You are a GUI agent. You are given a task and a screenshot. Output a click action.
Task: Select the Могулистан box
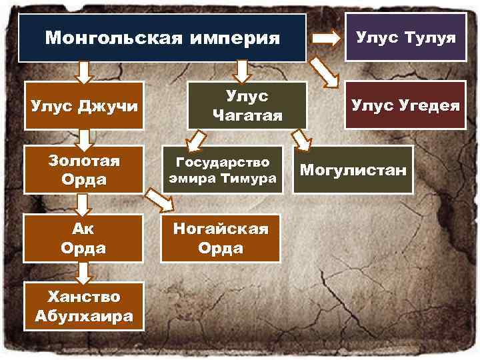point(353,171)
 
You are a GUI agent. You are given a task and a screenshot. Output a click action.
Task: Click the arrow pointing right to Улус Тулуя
point(326,38)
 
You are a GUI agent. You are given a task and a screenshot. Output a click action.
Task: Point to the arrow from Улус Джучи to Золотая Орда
point(85,139)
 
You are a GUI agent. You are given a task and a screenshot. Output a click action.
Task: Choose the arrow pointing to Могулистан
point(302,138)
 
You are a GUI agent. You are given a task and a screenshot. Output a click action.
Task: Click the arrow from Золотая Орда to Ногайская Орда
point(159,198)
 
